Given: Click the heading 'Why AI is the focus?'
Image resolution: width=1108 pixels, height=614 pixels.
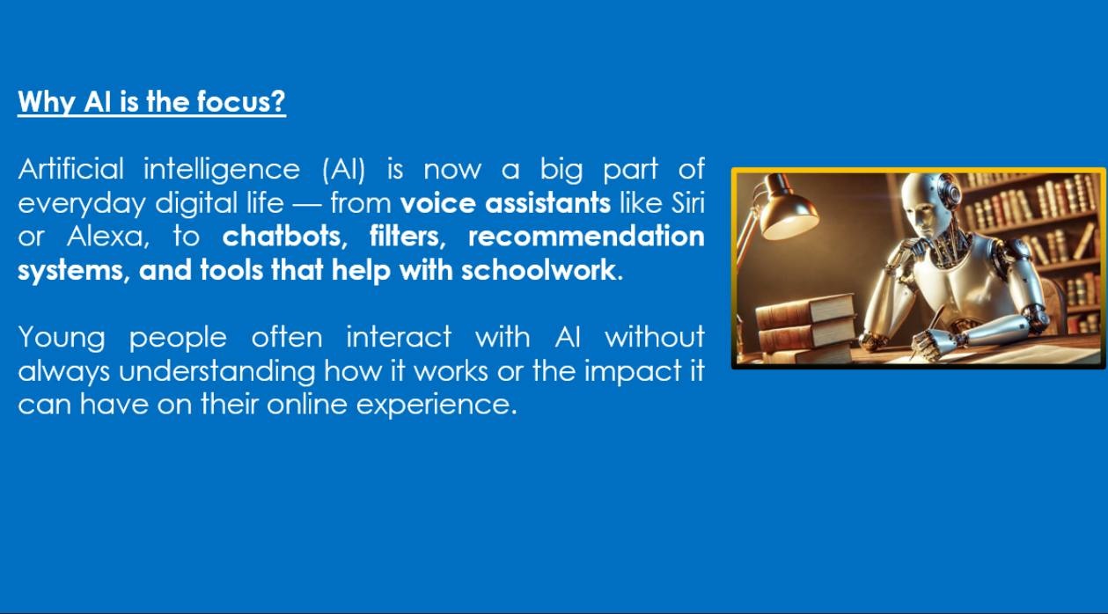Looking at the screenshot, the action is pyautogui.click(x=152, y=103).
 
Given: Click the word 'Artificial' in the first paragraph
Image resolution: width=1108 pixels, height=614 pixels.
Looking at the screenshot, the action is pyautogui.click(x=70, y=169).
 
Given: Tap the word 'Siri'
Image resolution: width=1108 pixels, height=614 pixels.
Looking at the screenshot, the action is pyautogui.click(x=687, y=202).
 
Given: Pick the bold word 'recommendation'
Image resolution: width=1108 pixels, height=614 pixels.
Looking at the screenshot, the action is pyautogui.click(x=586, y=237).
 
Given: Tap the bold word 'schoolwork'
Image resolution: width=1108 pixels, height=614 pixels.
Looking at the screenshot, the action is pyautogui.click(x=539, y=270).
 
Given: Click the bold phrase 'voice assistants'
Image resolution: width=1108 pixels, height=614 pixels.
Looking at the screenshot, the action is pyautogui.click(x=505, y=202).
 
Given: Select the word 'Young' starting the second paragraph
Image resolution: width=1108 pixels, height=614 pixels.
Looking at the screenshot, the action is pyautogui.click(x=62, y=338).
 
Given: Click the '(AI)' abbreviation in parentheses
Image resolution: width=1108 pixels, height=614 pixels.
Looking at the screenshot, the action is pyautogui.click(x=343, y=169).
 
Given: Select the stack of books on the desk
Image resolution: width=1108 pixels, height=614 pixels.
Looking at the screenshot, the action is pyautogui.click(x=806, y=326).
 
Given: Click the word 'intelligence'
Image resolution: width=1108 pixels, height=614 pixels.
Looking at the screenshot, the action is pyautogui.click(x=222, y=170).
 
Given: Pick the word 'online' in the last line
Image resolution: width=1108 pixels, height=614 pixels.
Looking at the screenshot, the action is pyautogui.click(x=307, y=405).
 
